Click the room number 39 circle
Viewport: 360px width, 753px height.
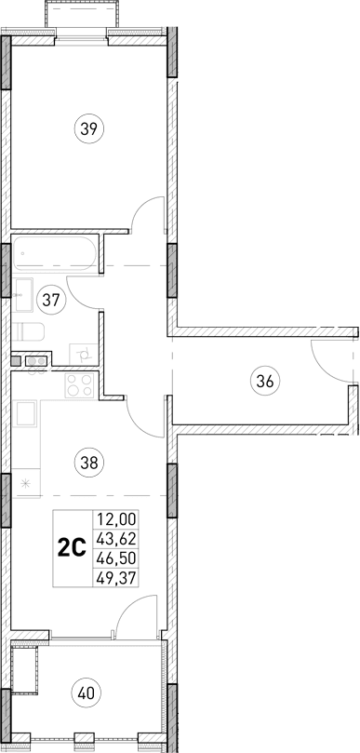point(88,130)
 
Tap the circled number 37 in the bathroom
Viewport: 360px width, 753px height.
point(51,300)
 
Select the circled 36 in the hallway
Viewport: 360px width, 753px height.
point(264,380)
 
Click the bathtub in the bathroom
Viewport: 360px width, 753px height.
point(53,254)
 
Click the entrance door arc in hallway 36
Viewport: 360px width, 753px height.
point(330,359)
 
